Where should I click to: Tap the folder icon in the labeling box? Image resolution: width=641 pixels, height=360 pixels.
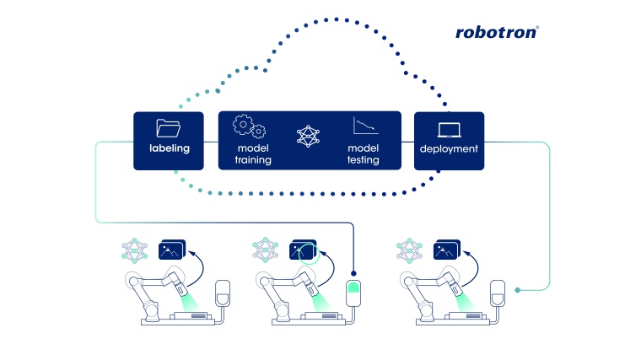point(169,129)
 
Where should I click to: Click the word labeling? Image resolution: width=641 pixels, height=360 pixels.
point(169,148)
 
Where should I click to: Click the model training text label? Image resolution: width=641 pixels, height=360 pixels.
point(251,154)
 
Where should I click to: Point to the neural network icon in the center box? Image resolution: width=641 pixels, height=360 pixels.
point(309,136)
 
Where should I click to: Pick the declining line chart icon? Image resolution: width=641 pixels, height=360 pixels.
point(364,126)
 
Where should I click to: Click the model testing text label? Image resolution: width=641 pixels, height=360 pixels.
point(363,154)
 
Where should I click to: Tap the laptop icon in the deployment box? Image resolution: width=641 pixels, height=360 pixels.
point(448,129)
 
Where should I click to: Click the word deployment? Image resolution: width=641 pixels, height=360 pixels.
point(449,149)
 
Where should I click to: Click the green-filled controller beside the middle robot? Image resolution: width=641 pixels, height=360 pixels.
point(354,293)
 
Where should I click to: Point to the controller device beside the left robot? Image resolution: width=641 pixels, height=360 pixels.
point(223,293)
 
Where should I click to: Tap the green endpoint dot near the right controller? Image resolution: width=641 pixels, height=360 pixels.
point(517,290)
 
